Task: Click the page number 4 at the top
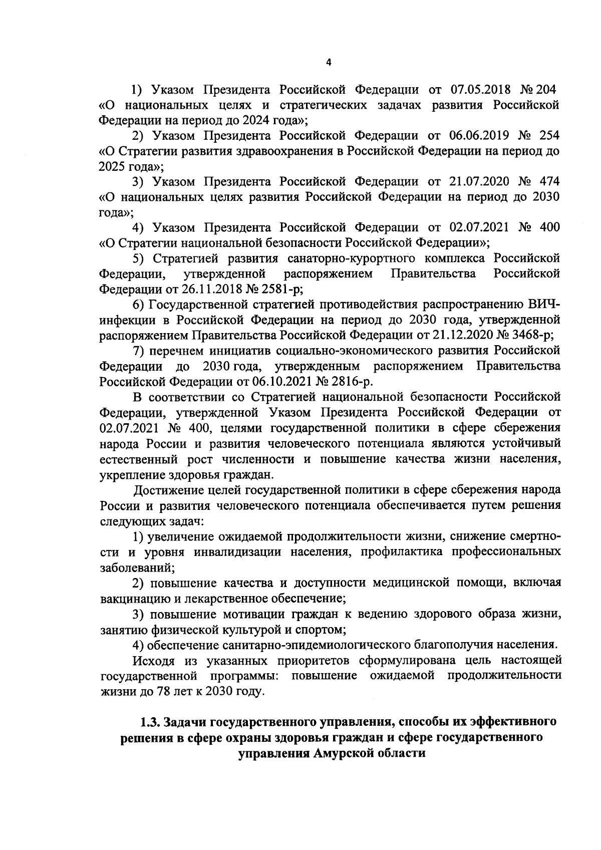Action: point(329,62)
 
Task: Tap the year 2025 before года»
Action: point(111,166)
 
